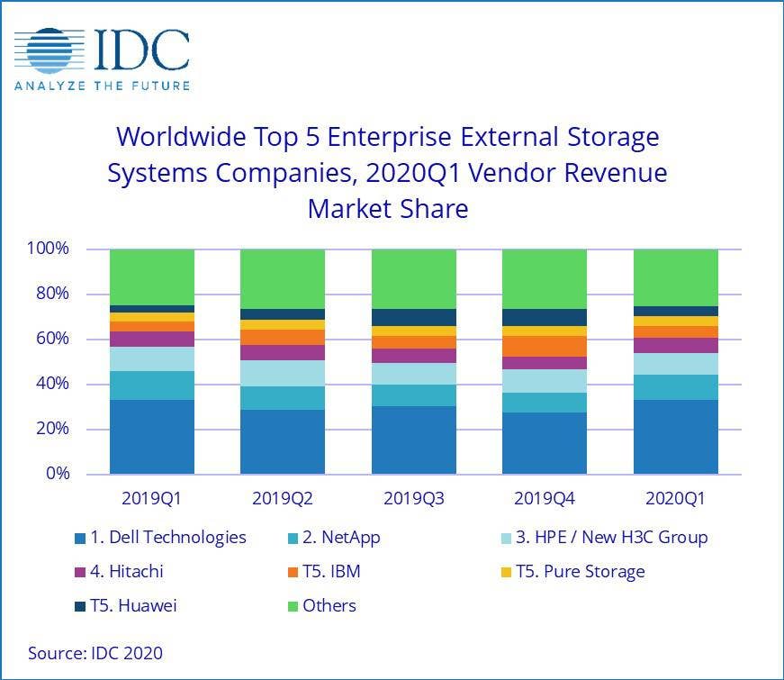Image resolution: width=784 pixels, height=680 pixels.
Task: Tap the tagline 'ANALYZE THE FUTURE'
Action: [102, 86]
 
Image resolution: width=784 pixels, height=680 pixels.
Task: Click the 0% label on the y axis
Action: [59, 474]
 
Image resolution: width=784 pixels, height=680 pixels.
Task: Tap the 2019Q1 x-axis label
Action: [152, 496]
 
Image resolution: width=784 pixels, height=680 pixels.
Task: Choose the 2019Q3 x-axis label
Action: [414, 496]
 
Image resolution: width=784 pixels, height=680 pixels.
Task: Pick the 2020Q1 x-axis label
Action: [676, 496]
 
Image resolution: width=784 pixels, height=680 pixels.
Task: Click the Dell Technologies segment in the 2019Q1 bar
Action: [152, 437]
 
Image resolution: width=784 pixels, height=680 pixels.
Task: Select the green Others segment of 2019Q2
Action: [283, 278]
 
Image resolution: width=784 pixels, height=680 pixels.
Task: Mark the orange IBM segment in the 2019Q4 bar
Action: [545, 346]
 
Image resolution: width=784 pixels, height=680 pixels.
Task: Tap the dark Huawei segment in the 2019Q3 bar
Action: [414, 317]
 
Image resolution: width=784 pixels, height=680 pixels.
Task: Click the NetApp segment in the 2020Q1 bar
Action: [676, 387]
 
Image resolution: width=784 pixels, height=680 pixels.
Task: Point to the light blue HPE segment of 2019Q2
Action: [283, 373]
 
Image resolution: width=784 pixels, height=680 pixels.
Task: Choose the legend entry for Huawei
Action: [126, 605]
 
